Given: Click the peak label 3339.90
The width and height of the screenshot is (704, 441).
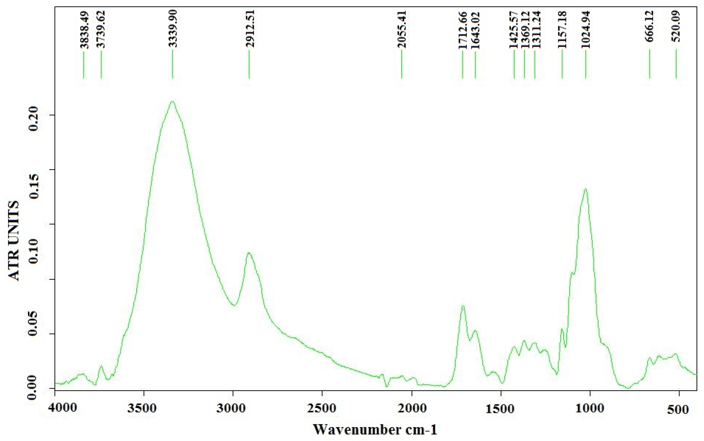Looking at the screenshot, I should click(x=173, y=29).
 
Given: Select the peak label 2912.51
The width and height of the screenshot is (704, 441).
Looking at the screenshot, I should click(x=250, y=29).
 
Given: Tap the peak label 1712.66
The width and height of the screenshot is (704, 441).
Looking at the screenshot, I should click(x=463, y=30).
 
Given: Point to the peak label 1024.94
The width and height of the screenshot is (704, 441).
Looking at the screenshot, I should click(x=585, y=29).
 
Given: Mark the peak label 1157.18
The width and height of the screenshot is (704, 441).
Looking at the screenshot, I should click(x=562, y=29).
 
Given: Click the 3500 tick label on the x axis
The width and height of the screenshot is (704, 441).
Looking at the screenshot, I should click(x=144, y=408).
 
